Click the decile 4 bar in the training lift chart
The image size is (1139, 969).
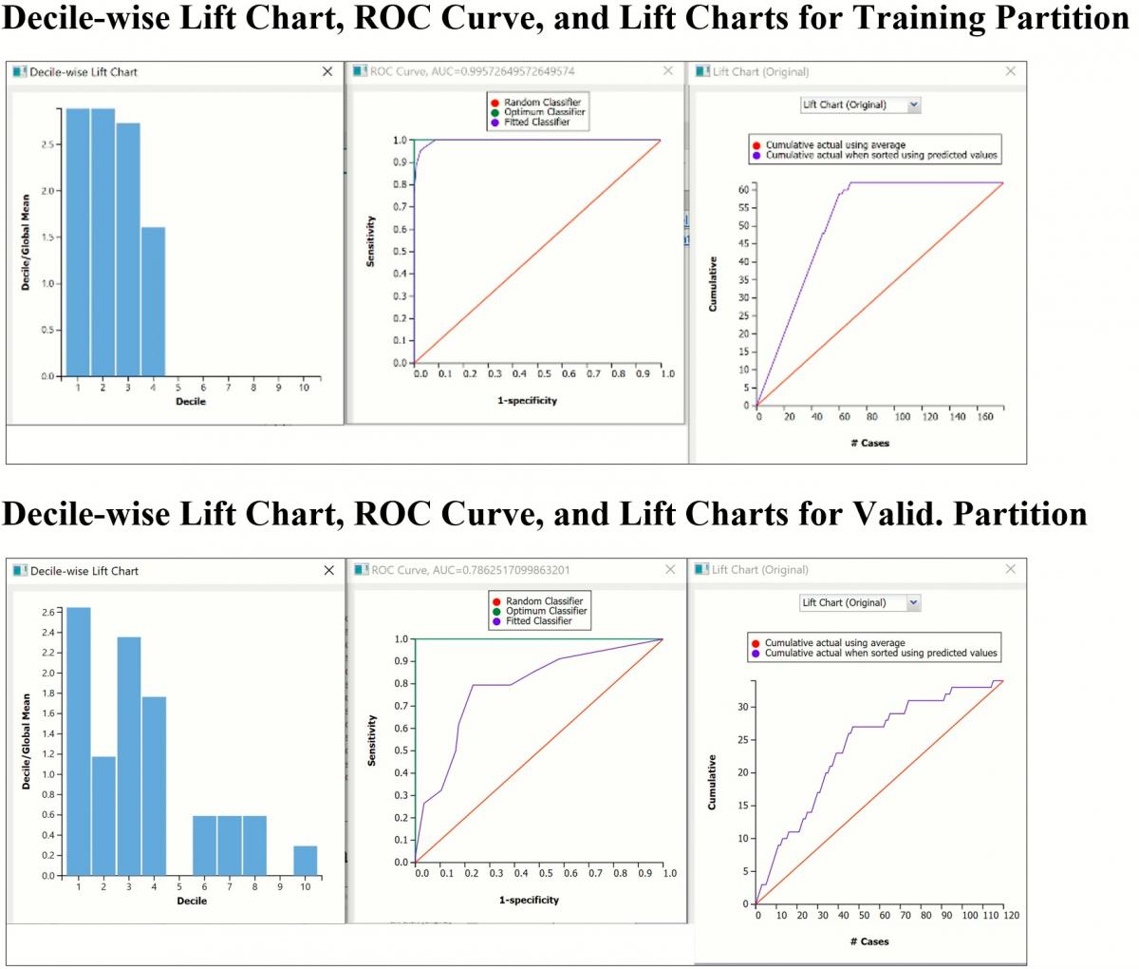point(153,301)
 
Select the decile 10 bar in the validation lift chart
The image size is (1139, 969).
point(306,861)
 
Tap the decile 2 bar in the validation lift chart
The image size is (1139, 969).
point(103,815)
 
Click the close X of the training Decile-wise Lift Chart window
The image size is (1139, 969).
point(327,71)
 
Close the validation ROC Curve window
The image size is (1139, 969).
point(670,570)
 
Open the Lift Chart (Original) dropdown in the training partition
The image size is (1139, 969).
point(913,105)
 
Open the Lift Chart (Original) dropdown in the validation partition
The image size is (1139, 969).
point(913,602)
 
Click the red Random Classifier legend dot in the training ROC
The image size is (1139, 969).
point(495,103)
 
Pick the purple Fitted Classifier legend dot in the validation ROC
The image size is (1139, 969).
point(497,621)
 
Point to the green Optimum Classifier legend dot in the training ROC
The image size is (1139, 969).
point(495,112)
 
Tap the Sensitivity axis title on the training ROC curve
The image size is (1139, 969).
point(370,240)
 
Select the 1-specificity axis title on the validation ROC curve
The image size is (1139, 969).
point(529,900)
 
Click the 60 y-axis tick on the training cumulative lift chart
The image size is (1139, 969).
point(745,190)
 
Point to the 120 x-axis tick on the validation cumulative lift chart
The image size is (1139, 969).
point(1011,916)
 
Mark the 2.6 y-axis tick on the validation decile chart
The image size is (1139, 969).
point(48,612)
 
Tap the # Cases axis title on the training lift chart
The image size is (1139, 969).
point(869,443)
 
